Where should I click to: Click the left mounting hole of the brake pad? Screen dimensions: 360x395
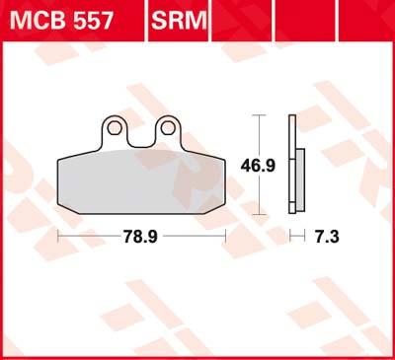[115, 127]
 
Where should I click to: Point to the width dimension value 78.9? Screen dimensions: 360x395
[142, 238]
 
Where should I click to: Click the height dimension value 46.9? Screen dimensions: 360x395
[259, 165]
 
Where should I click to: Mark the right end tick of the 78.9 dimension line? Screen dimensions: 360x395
[228, 238]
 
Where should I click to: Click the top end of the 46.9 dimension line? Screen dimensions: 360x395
[259, 115]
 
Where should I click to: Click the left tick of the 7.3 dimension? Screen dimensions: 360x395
[291, 238]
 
